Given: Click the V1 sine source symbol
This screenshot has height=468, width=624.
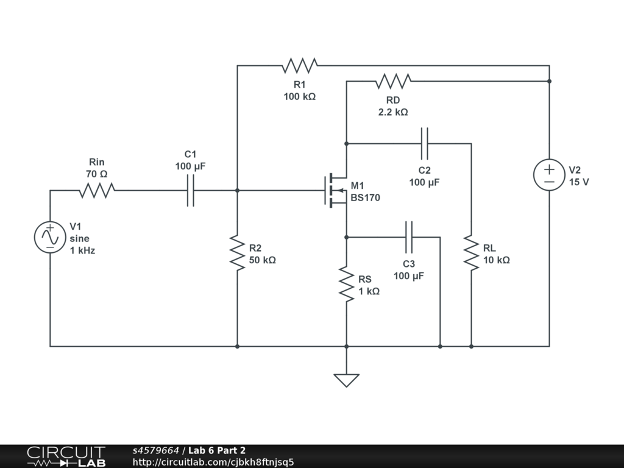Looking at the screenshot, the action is (50, 237).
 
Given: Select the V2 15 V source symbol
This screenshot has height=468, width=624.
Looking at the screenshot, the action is (549, 175).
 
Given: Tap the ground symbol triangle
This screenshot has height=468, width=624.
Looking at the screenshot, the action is (347, 380).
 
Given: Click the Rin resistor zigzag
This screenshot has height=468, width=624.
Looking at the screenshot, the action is (97, 190).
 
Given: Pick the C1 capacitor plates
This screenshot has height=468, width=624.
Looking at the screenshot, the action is (191, 190).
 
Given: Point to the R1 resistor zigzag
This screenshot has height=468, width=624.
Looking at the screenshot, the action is (300, 66).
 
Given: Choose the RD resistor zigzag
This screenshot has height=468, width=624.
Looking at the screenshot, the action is (393, 81).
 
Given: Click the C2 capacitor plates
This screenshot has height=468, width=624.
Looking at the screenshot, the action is (425, 144).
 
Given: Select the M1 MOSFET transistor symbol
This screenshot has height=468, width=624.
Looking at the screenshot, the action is (336, 190).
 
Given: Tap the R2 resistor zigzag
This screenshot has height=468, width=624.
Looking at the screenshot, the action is (237, 253).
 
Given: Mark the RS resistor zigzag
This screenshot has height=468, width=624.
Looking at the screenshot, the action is (347, 284).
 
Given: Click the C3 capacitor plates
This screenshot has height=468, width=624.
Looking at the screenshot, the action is (409, 237).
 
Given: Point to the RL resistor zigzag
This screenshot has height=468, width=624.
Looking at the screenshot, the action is (471, 253).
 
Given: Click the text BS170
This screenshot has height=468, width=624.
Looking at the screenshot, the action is (366, 198).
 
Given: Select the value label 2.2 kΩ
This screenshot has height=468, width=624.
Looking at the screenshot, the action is (393, 112).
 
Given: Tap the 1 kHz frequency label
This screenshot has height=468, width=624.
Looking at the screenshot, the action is (82, 250).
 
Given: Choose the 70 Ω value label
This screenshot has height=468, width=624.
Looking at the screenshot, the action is (97, 174).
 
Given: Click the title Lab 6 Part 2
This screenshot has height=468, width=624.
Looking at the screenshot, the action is (217, 450).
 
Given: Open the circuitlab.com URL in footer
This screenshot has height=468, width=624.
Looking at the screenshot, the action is (213, 462).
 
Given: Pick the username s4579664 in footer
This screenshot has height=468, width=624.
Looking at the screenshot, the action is (155, 450).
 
